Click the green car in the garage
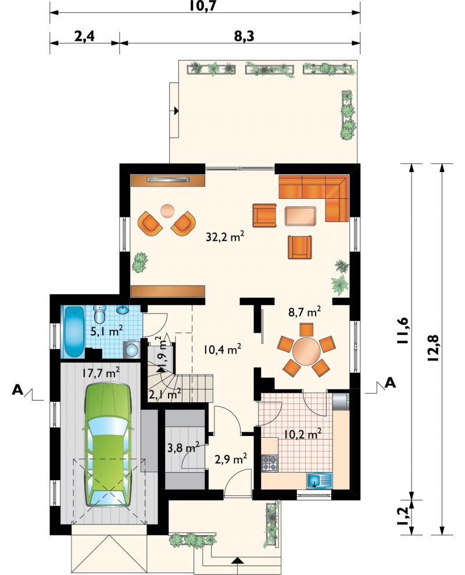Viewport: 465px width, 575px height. (x=108, y=445)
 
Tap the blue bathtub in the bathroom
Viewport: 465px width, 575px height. (x=75, y=331)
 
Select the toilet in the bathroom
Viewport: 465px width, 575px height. (x=99, y=313)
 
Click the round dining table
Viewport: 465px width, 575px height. (x=306, y=351)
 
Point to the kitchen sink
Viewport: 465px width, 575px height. (x=319, y=480)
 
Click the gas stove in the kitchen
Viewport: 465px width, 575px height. (x=270, y=463)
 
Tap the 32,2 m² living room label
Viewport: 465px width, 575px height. (x=225, y=237)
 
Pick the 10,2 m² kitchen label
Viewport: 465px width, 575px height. (x=303, y=434)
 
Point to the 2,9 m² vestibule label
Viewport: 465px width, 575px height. (x=230, y=459)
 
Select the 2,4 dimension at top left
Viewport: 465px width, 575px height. (x=85, y=36)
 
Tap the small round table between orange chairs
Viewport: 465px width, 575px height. (x=168, y=211)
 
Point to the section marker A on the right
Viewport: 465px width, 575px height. (x=391, y=383)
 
